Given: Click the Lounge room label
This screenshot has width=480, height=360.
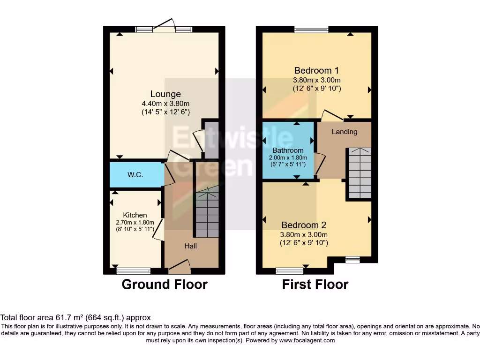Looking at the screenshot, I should [x=165, y=94].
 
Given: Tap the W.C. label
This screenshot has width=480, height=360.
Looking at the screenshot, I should [x=135, y=175].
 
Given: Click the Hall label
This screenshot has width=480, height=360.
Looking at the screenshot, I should [x=190, y=246].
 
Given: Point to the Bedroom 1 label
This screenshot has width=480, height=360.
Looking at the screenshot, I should [x=316, y=71].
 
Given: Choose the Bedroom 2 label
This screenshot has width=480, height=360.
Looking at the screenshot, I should [x=303, y=225].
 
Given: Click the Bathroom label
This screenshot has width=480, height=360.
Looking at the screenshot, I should [x=288, y=150].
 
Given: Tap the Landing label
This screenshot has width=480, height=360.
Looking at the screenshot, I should [x=345, y=132].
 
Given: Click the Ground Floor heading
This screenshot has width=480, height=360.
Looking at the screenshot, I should [x=165, y=284].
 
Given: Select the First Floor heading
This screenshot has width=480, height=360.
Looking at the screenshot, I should [x=315, y=284].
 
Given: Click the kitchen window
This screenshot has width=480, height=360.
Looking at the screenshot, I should [x=134, y=270].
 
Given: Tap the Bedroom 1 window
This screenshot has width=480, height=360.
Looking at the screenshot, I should [x=311, y=30].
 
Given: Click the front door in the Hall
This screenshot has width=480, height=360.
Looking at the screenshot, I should [x=179, y=269].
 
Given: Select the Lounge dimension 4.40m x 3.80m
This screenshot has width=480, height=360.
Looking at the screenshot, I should [x=165, y=104].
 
